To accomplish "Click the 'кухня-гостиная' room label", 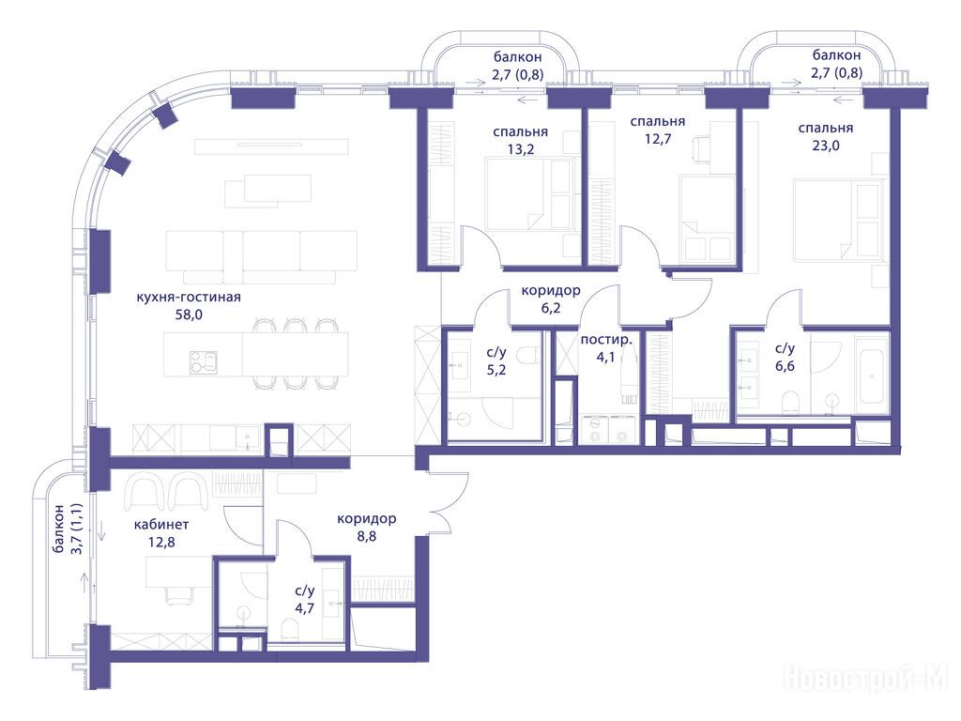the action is [x=188, y=298].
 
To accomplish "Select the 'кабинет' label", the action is [x=161, y=525].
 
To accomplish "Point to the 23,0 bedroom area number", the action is [x=826, y=146].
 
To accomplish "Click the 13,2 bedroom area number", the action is [x=520, y=149].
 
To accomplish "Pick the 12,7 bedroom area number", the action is [x=658, y=139].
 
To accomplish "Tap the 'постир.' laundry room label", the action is [x=605, y=340].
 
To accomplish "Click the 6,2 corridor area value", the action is [x=550, y=308].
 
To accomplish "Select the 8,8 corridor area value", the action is [x=366, y=536].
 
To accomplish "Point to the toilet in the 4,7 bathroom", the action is [x=289, y=630].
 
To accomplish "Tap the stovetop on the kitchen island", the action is [x=204, y=361].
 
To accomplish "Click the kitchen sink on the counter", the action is [x=248, y=437].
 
